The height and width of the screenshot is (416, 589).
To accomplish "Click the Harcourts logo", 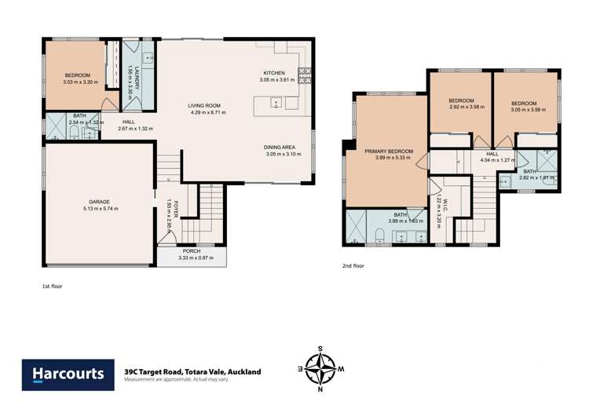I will click(67, 374).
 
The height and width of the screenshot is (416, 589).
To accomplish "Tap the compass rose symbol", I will click(320, 368).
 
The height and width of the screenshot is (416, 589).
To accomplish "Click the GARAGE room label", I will click(99, 202).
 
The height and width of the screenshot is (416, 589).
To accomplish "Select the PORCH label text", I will click(191, 251).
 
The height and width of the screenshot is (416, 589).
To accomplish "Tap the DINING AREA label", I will click(280, 147).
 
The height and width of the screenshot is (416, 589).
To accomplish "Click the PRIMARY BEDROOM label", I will click(388, 151).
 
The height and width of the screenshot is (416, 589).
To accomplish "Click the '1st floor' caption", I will click(52, 286).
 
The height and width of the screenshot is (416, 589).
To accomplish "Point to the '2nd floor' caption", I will click(353, 266).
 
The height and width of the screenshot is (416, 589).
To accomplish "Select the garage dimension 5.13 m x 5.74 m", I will click(99, 210).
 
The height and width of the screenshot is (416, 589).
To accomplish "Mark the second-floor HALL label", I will click(492, 154).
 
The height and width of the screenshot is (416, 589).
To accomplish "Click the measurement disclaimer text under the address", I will click(176, 380).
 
